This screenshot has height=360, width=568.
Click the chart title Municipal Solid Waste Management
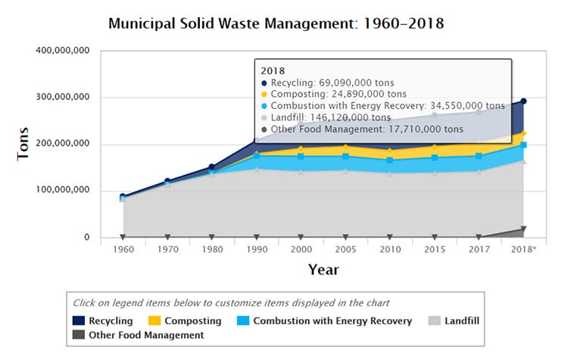tap(276, 23)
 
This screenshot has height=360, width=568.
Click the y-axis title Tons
tap(23, 144)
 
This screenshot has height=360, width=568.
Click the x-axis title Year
tap(323, 269)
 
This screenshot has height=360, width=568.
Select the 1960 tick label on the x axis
tap(122, 249)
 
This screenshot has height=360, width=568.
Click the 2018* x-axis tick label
tap(523, 249)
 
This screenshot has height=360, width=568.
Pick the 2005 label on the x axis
tap(345, 249)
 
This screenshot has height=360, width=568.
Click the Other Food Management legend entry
tap(138, 334)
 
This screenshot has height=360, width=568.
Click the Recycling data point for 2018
tap(523, 102)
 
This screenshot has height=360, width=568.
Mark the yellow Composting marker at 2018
tap(523, 134)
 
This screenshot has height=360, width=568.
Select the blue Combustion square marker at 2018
tap(523, 145)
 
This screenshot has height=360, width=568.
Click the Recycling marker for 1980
tap(211, 167)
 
